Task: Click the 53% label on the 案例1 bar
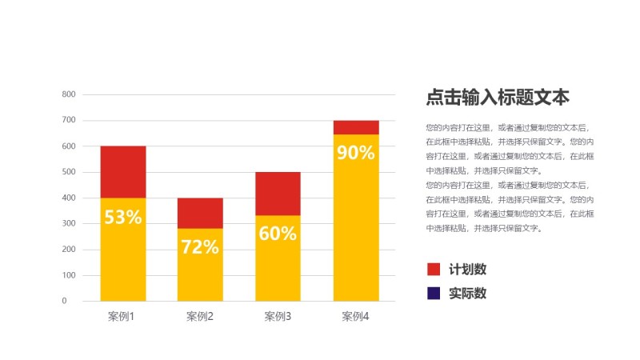click(x=122, y=217)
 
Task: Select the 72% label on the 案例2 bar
click(x=200, y=247)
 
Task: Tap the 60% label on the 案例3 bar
click(x=278, y=234)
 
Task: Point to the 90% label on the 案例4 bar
click(x=356, y=152)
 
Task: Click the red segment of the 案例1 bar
click(x=122, y=172)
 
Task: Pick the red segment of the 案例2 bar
click(x=200, y=213)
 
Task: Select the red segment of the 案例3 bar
click(x=278, y=194)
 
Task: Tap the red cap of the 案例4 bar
click(x=356, y=127)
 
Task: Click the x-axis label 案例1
click(x=121, y=317)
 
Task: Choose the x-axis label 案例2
click(x=200, y=317)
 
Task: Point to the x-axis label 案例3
click(x=278, y=317)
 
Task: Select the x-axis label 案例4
click(x=355, y=317)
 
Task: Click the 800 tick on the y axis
click(x=69, y=94)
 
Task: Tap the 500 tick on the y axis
click(x=69, y=172)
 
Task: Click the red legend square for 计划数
click(x=434, y=270)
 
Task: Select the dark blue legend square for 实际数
click(x=434, y=294)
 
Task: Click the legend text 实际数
click(x=468, y=294)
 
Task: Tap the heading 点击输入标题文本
click(x=498, y=98)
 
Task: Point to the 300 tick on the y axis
click(x=69, y=224)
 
